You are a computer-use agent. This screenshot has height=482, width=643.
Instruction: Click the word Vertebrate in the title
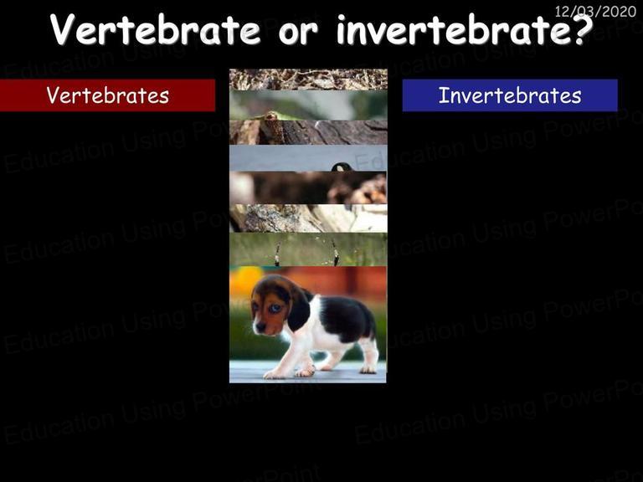click(x=156, y=29)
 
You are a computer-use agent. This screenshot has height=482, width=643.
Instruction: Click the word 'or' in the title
click(x=298, y=33)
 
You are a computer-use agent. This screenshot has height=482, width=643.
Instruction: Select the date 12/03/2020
click(x=595, y=11)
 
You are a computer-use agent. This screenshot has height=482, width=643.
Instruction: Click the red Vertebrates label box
click(x=107, y=95)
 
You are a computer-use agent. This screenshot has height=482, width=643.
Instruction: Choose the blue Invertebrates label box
click(x=510, y=95)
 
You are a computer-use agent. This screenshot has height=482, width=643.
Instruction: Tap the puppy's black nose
click(x=260, y=326)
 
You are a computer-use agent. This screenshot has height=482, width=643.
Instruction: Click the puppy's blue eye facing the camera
click(x=275, y=308)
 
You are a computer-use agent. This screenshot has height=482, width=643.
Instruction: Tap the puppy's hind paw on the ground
click(x=368, y=370)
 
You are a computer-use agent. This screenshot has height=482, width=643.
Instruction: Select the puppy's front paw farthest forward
click(x=275, y=374)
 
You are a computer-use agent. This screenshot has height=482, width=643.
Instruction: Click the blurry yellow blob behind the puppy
click(x=244, y=279)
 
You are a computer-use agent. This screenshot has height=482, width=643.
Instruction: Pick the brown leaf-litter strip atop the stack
click(x=308, y=79)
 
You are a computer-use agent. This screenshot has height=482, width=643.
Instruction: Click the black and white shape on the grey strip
click(x=341, y=167)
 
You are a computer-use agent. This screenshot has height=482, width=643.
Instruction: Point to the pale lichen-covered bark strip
click(x=308, y=218)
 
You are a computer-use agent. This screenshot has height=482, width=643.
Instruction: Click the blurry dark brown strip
click(x=307, y=187)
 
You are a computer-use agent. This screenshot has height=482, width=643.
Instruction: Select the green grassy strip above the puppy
click(x=308, y=249)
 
